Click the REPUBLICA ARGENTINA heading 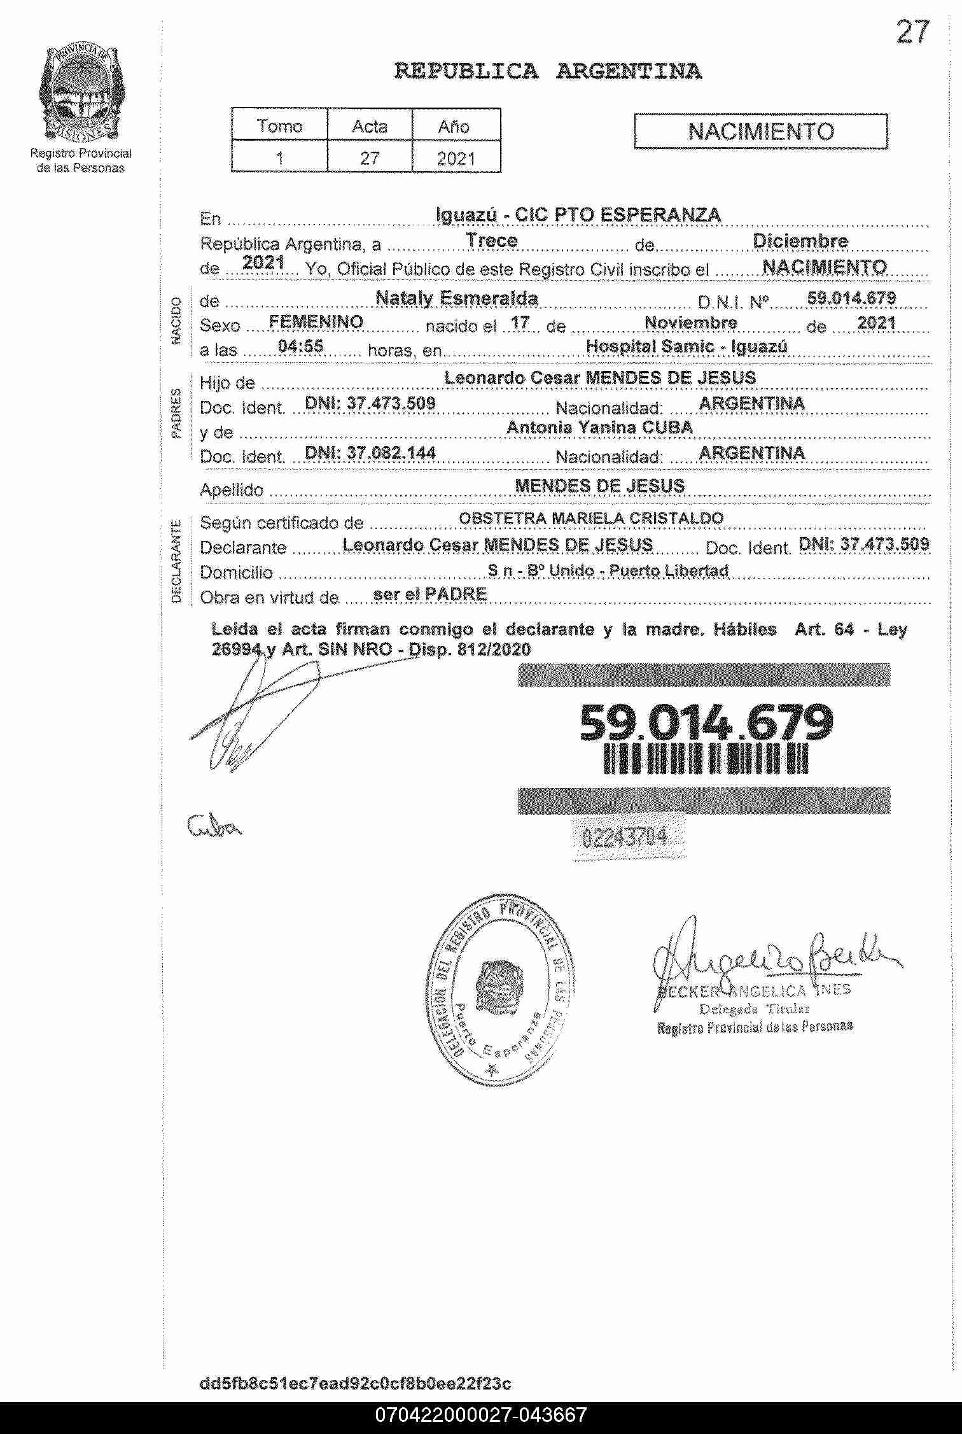click(548, 71)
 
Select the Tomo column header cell click(279, 126)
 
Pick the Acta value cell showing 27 click(369, 157)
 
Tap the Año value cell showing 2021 click(456, 157)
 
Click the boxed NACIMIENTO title click(760, 132)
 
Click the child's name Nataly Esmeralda click(456, 298)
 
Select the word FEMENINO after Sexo click(316, 322)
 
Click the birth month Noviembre click(690, 323)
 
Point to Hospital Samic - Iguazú click(687, 347)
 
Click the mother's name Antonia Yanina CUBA click(599, 428)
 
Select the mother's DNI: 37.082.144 click(370, 453)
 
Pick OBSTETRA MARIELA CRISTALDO click(591, 518)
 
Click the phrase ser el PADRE click(429, 594)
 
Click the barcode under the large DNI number click(706, 760)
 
